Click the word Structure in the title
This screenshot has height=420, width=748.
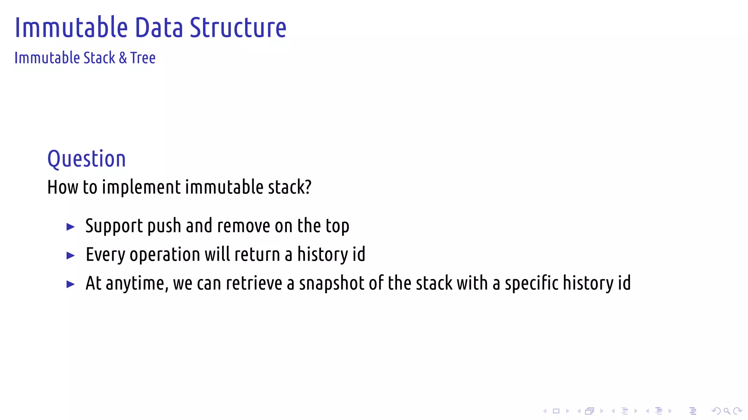click(x=238, y=28)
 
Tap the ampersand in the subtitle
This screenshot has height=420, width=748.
click(x=123, y=58)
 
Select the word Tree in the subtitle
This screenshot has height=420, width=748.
click(x=143, y=58)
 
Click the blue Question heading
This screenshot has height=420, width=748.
click(x=87, y=159)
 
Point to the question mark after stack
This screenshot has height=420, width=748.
click(x=308, y=187)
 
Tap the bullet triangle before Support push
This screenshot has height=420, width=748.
click(x=70, y=227)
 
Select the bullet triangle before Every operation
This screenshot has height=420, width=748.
click(x=70, y=256)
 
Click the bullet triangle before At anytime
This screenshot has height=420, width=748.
click(x=70, y=284)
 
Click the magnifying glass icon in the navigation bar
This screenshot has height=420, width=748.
click(x=727, y=411)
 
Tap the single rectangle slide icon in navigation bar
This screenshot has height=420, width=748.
click(x=556, y=411)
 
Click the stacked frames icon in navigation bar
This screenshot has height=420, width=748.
click(x=589, y=411)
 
